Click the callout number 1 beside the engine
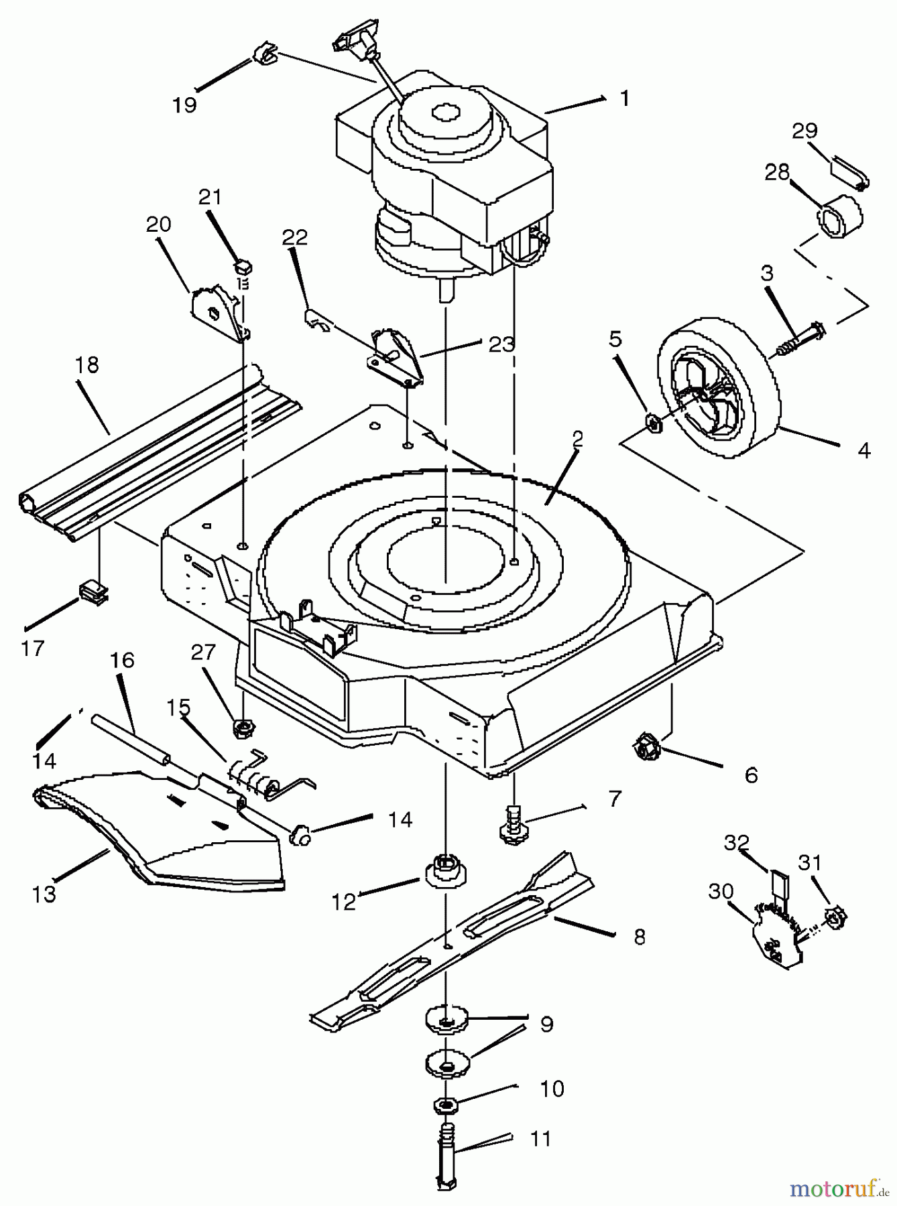(x=625, y=99)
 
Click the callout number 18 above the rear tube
(x=88, y=365)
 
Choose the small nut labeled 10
(x=443, y=1103)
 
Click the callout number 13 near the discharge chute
(x=44, y=894)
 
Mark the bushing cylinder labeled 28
(x=840, y=216)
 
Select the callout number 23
(x=501, y=344)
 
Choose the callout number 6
(x=751, y=775)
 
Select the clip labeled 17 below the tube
(x=93, y=592)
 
